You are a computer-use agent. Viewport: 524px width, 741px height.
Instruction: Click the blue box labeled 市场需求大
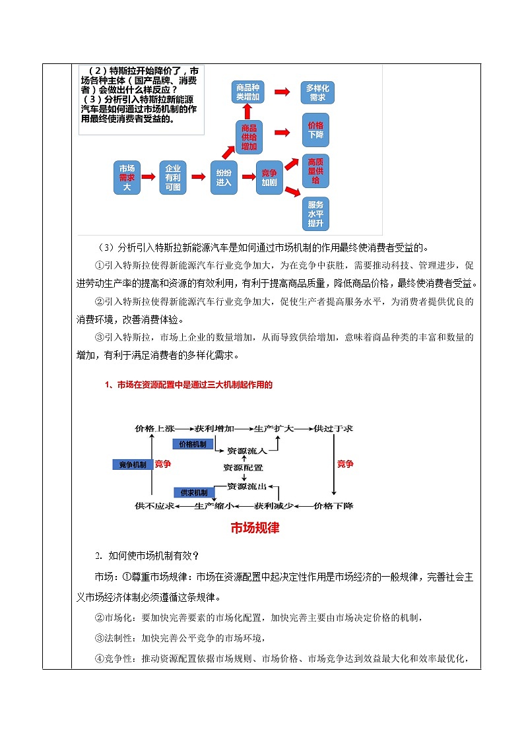point(127,177)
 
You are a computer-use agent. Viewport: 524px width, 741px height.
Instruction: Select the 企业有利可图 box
point(173,177)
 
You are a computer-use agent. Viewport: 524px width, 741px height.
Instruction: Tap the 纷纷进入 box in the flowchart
point(224,177)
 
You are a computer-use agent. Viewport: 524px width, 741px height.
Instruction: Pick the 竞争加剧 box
point(269,177)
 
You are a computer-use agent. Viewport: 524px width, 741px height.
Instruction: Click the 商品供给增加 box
point(249,137)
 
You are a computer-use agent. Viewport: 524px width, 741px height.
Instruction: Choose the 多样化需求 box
point(317,92)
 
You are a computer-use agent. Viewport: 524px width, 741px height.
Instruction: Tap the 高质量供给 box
point(315,170)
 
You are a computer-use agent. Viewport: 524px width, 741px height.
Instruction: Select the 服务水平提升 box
point(315,214)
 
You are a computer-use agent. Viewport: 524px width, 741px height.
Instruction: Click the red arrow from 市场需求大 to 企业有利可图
point(149,177)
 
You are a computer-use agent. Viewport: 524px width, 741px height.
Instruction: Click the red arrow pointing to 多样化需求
point(282,92)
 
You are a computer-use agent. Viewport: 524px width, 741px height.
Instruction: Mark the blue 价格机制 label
point(193,444)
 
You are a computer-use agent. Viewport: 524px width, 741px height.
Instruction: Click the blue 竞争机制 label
point(132,465)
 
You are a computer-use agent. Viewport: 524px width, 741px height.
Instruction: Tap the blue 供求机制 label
point(193,493)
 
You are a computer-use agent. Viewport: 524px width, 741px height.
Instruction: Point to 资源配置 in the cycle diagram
point(243,467)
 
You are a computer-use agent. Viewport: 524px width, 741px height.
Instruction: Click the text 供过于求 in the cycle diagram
point(334,428)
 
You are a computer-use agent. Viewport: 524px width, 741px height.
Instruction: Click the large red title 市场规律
point(255,528)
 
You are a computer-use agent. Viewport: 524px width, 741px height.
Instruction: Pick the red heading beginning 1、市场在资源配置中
point(189,385)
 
